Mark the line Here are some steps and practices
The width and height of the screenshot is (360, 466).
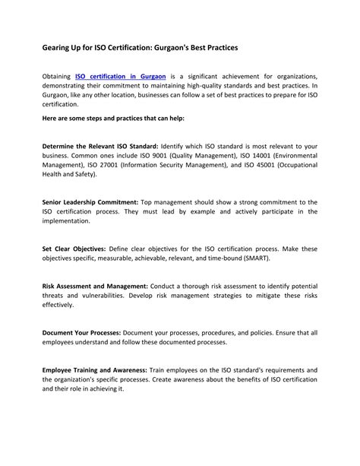coord(112,119)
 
